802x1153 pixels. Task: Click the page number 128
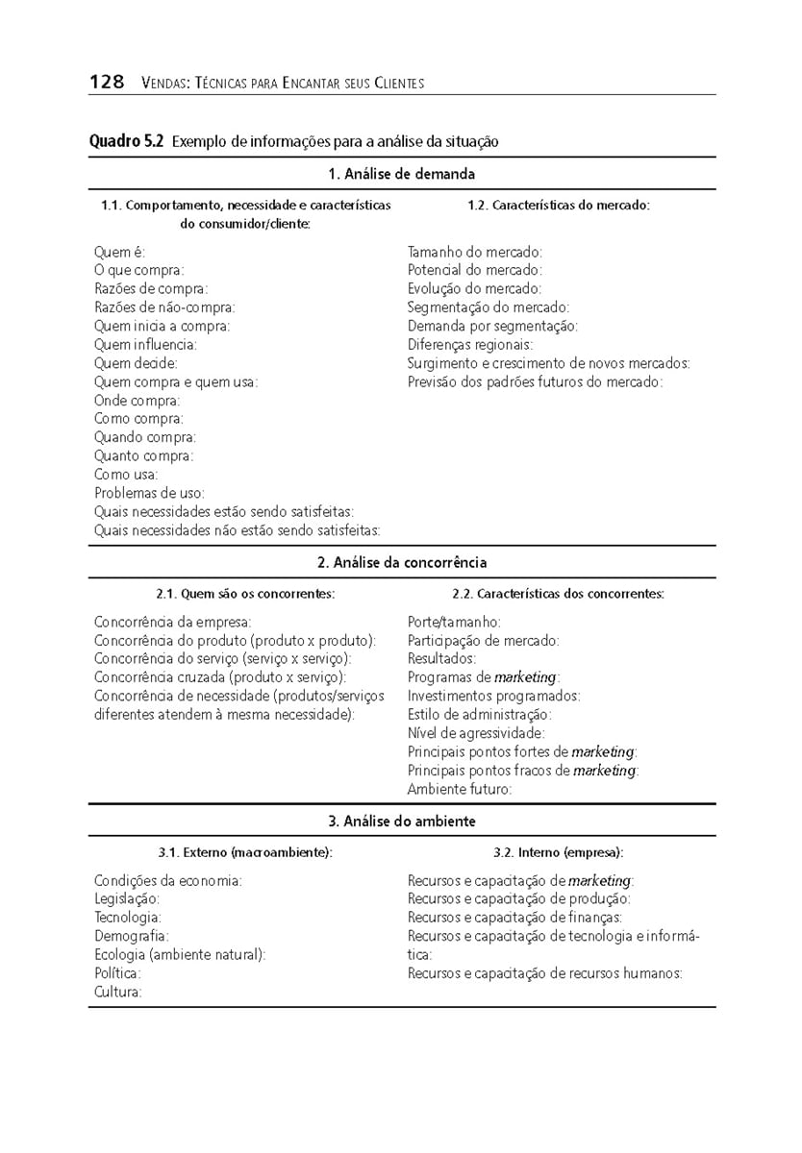(107, 82)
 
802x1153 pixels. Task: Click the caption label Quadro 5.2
(126, 142)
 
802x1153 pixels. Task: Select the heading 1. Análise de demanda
(401, 174)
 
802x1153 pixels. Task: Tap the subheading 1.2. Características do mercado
(559, 205)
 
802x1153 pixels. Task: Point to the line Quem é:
(120, 252)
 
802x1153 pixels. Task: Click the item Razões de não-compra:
(164, 307)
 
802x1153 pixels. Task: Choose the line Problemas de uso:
(149, 493)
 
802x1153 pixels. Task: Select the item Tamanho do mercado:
(475, 252)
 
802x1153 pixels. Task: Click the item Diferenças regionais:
(470, 345)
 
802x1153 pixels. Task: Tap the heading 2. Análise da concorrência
(402, 562)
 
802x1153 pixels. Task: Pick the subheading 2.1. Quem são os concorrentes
(245, 594)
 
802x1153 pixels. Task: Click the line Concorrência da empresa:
(173, 622)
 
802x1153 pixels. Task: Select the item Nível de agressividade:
(476, 733)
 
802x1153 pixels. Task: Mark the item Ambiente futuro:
(460, 789)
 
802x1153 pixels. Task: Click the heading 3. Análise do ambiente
(402, 822)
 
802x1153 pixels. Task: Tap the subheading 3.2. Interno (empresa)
(558, 852)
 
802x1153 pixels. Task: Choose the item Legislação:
(127, 898)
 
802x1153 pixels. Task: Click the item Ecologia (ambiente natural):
(180, 954)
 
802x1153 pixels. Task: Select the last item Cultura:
(118, 992)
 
